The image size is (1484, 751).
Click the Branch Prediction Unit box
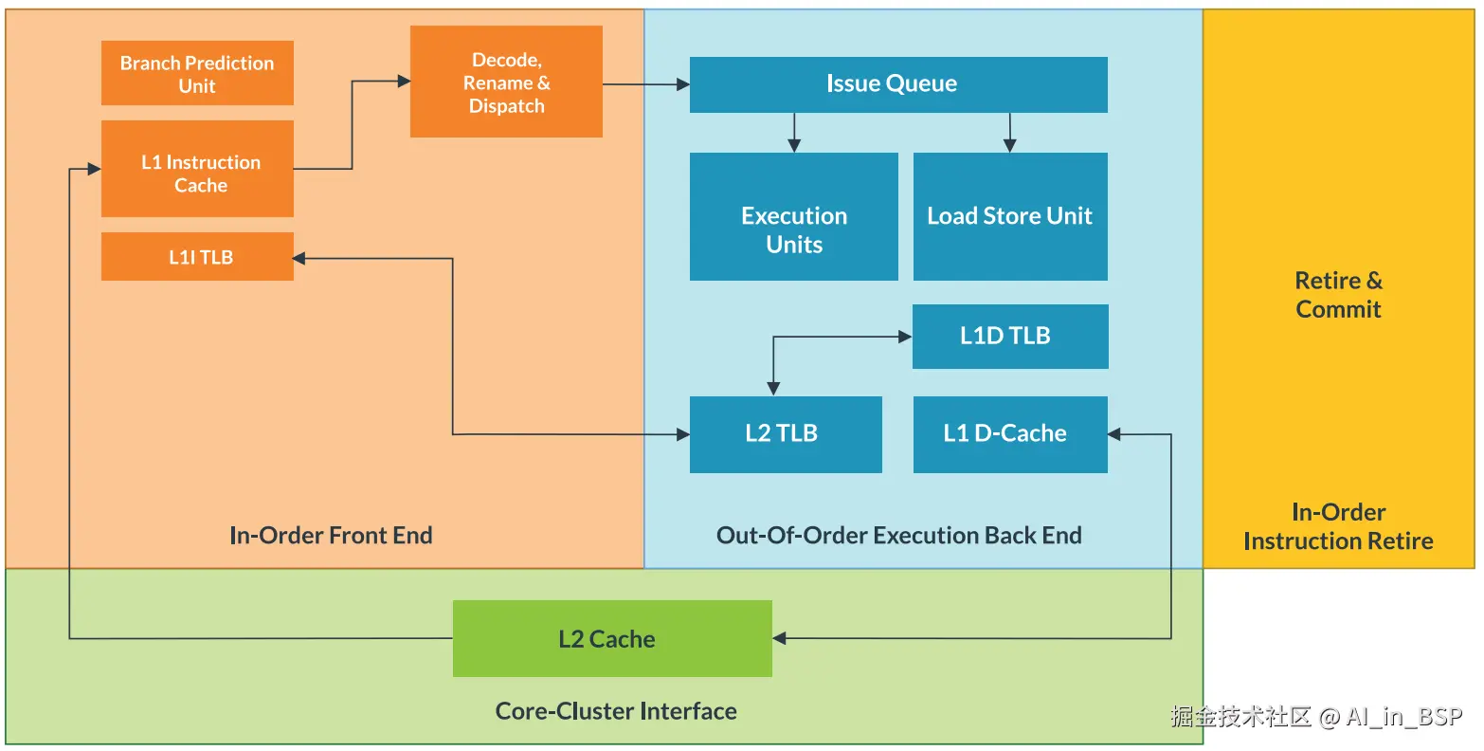[x=197, y=73]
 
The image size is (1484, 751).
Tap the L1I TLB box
[x=197, y=256]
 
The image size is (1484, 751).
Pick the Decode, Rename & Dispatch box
[x=506, y=82]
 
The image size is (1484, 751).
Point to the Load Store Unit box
[x=1009, y=217]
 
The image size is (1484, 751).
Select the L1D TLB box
[x=1009, y=336]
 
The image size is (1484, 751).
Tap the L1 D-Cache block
[x=1009, y=434]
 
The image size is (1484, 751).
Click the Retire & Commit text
[x=1338, y=295]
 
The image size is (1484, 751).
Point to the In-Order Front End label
[x=331, y=536]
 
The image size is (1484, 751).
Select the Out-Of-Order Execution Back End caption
[x=898, y=536]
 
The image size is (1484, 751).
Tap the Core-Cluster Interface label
[x=616, y=711]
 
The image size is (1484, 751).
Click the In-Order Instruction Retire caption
[x=1338, y=527]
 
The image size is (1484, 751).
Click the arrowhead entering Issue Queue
[x=683, y=85]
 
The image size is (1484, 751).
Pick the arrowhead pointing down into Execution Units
[x=794, y=145]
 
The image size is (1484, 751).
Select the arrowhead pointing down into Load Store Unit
[x=1009, y=145]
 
